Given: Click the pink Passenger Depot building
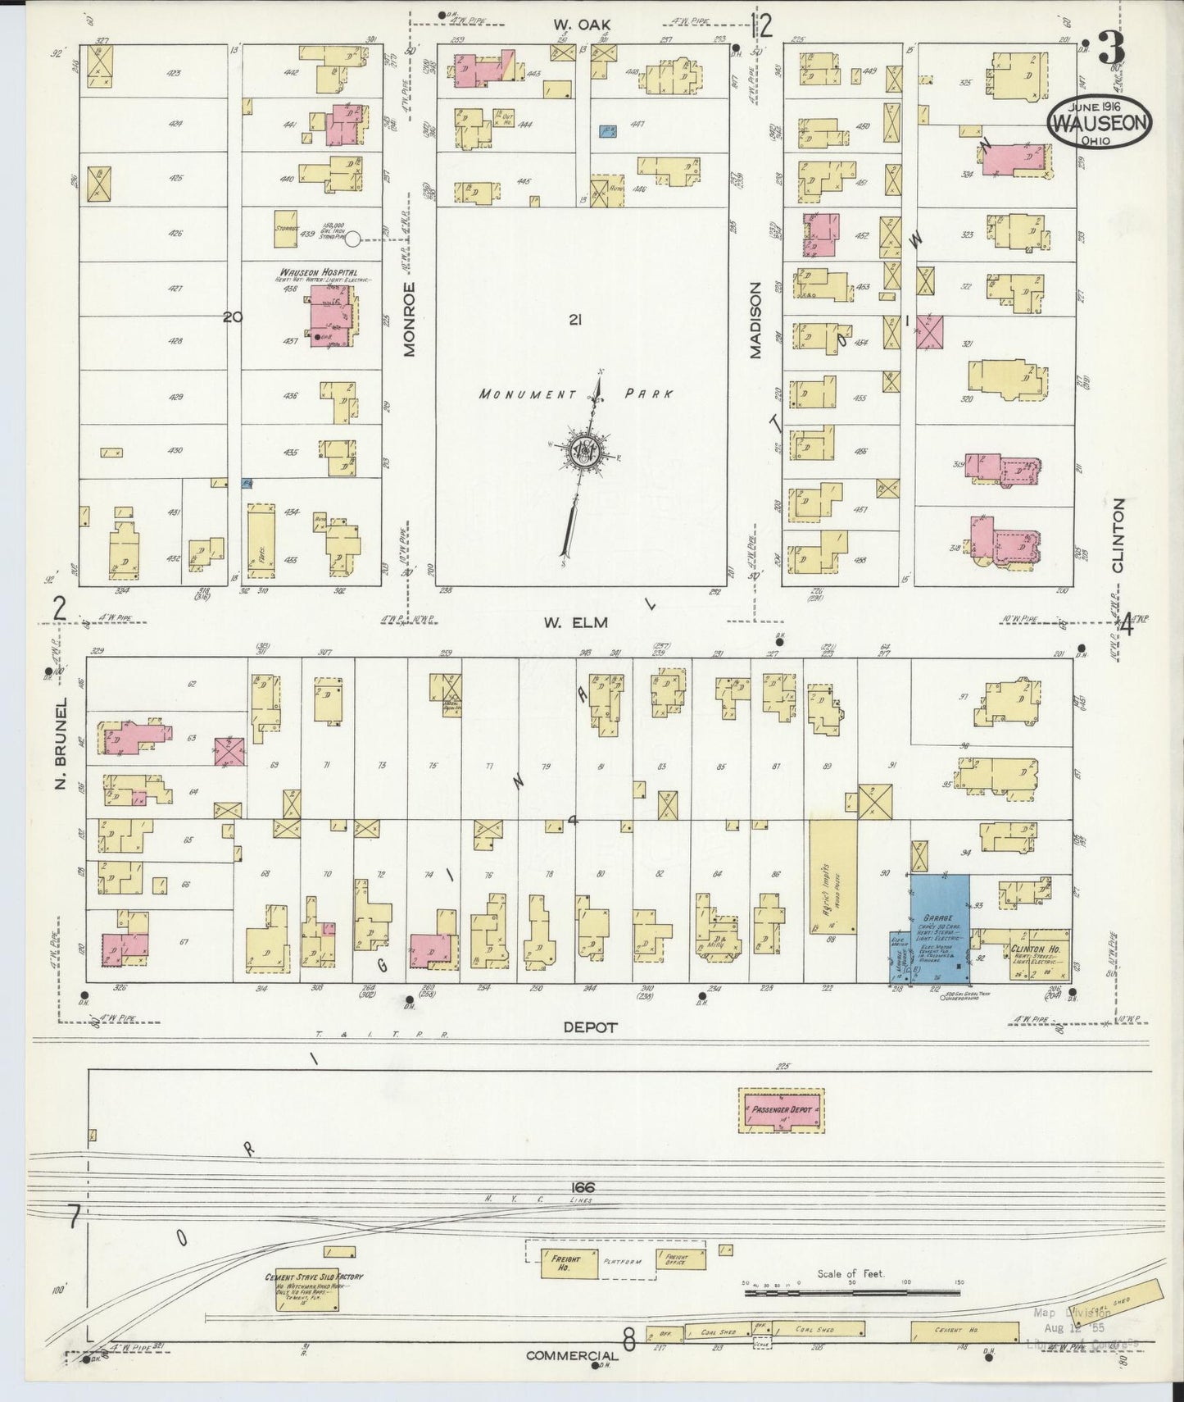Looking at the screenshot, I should point(782,1110).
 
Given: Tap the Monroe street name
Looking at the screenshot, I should point(411,319).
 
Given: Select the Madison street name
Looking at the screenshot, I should point(755,320).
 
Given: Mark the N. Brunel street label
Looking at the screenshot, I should point(61,744).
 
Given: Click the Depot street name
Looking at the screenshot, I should point(589,1026).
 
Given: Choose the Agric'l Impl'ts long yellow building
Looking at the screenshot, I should point(833,873).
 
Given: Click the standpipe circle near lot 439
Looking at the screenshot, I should point(352,239).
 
